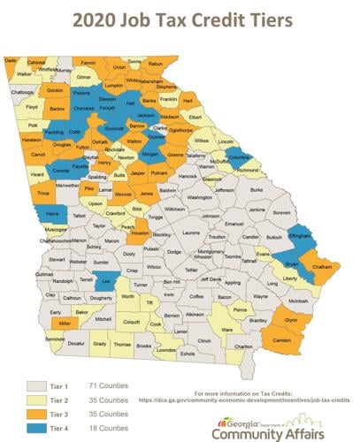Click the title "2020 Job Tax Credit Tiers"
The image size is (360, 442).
[x=180, y=19]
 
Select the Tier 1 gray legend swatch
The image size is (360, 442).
[x=36, y=386]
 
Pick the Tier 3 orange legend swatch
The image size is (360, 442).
[x=36, y=415]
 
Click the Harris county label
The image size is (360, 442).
[x=52, y=214]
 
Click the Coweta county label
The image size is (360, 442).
[x=60, y=170]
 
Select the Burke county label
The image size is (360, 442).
[x=257, y=189]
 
